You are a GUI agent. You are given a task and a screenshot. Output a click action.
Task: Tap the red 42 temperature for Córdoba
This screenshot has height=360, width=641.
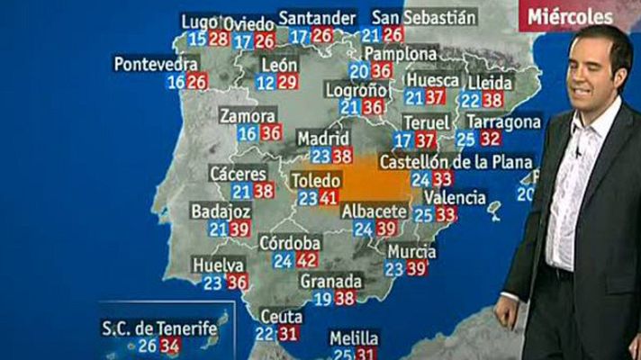coord(307,261)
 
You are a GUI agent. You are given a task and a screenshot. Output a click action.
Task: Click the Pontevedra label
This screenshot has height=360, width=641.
coord(156,64)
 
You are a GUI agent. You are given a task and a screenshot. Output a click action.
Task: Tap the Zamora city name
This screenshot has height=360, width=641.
coord(248,117)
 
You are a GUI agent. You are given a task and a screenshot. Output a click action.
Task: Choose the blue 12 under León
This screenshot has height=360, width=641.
coord(266,83)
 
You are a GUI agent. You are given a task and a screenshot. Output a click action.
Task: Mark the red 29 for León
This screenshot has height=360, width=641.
coord(287,83)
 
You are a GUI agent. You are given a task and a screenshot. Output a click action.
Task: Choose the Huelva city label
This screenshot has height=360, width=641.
coord(217,265)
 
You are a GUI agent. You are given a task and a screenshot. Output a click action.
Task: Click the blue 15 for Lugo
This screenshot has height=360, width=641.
coord(197,39)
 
